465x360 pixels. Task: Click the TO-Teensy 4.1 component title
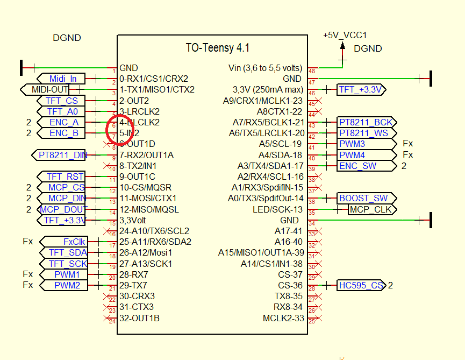pos(218,48)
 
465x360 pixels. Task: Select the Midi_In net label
pos(63,79)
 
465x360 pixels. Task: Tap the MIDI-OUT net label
pos(50,89)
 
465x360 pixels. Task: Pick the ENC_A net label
pos(63,123)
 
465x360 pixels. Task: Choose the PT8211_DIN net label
pos(62,156)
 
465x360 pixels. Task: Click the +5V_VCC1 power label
pos(345,35)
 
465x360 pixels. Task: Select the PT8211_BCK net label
pos(365,123)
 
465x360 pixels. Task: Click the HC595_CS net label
pos(361,285)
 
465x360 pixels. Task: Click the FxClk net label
pos(74,242)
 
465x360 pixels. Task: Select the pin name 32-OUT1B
pos(139,318)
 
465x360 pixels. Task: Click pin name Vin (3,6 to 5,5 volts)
pos(266,68)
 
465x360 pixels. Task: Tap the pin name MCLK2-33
pos(283,318)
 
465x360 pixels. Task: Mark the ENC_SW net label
pos(357,166)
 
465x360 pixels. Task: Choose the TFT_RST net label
pos(65,177)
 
